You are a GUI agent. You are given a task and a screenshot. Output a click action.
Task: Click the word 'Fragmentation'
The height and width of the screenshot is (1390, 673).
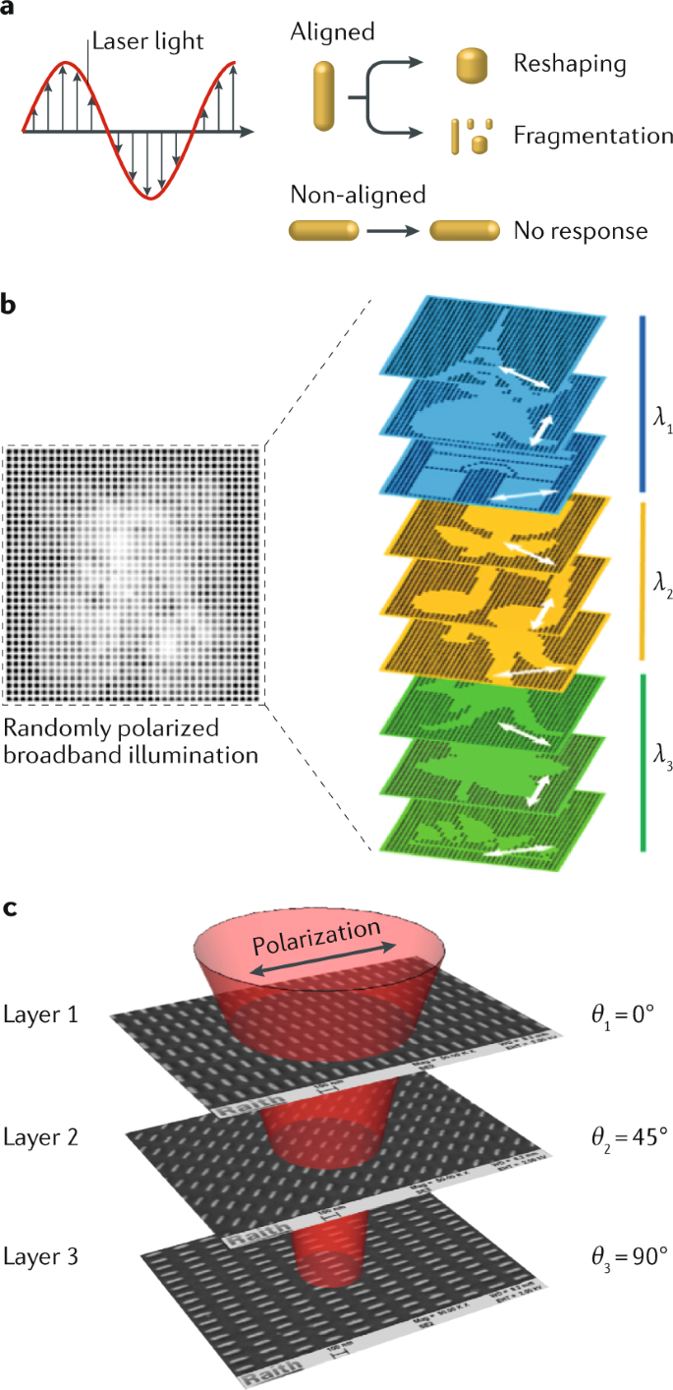[x=592, y=136]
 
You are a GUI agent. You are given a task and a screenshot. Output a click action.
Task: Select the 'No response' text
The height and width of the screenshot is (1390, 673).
[x=581, y=232]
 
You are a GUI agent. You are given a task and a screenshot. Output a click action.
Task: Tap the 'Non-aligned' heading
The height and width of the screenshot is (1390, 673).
[x=358, y=195]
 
